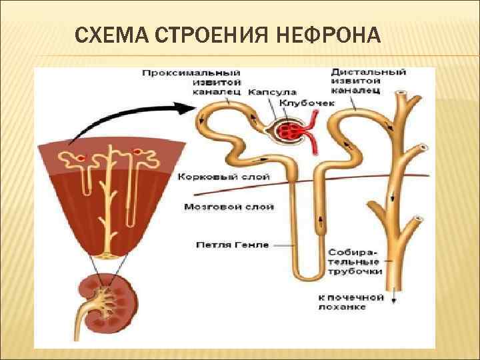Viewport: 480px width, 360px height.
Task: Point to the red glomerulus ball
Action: (291, 129)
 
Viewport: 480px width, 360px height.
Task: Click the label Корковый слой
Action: (223, 177)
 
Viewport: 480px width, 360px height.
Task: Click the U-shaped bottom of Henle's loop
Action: (308, 275)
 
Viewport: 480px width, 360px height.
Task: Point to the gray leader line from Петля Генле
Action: (283, 245)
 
